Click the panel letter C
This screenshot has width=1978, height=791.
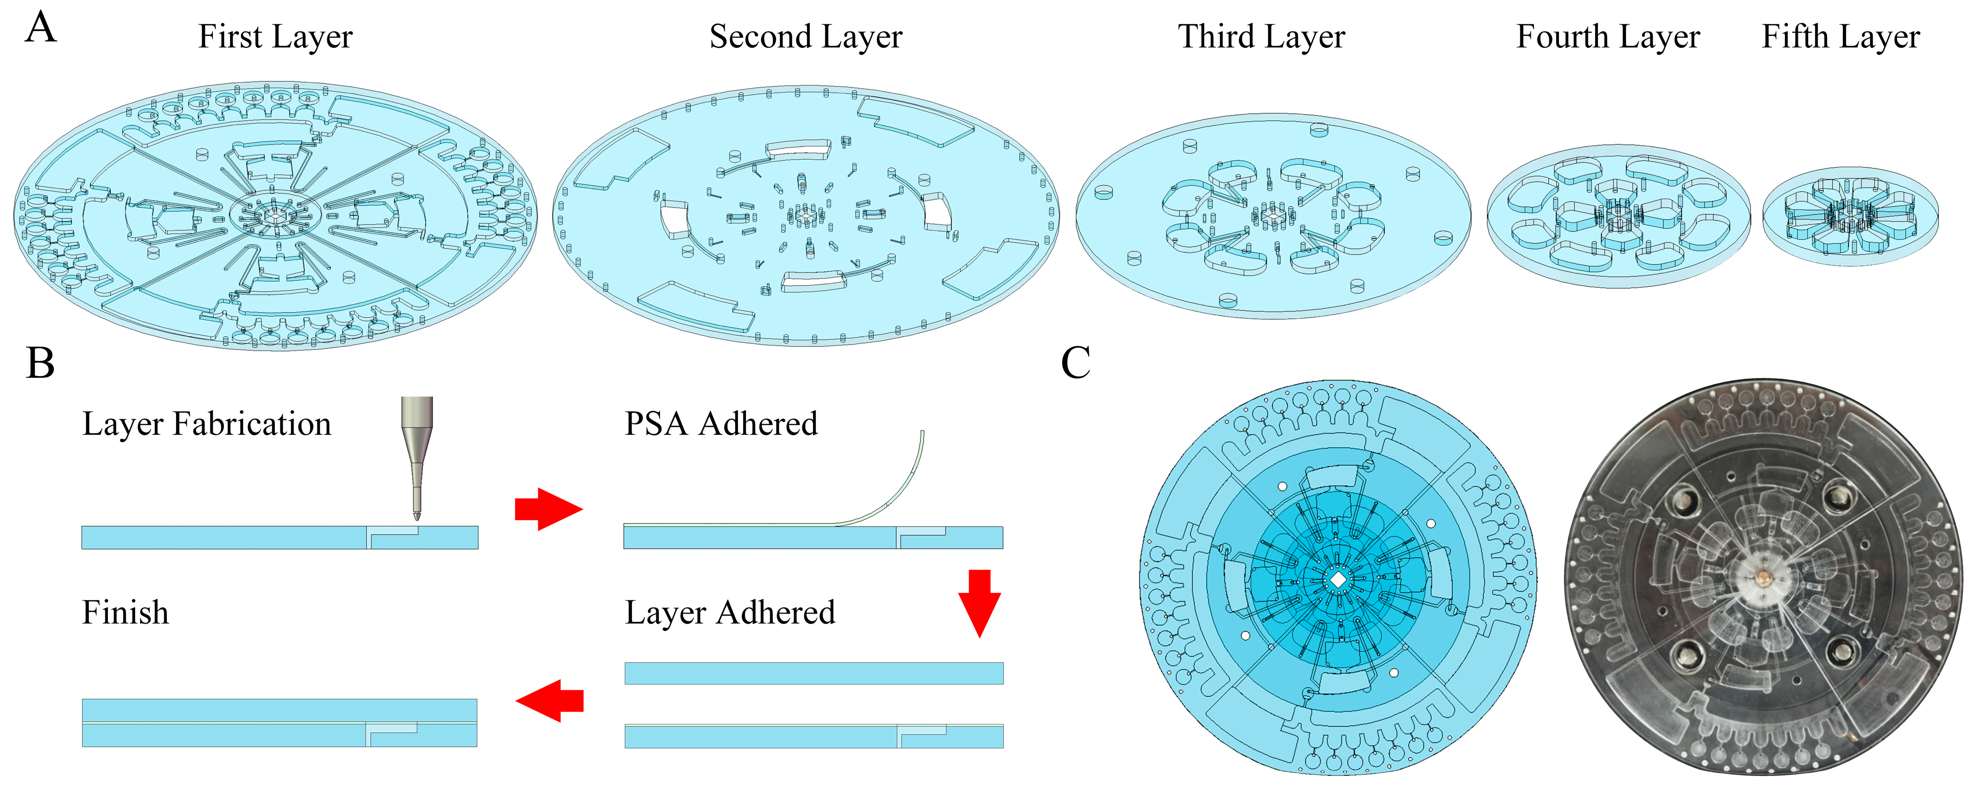[x=1076, y=363]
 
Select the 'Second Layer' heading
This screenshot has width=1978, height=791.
[x=806, y=37]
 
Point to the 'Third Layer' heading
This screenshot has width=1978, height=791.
[x=1262, y=37]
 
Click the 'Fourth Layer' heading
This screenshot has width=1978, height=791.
[x=1608, y=37]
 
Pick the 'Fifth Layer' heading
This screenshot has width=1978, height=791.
[x=1841, y=37]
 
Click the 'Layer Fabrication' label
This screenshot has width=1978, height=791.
[x=206, y=424]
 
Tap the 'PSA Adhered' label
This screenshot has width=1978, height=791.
[x=721, y=424]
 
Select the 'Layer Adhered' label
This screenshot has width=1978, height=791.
[x=729, y=613]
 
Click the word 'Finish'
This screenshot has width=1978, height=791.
[x=125, y=613]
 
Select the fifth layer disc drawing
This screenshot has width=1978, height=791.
[x=1850, y=217]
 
